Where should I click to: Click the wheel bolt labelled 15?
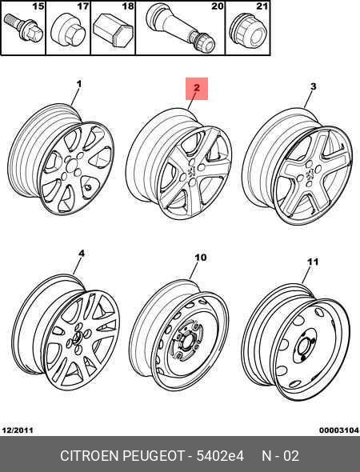(22, 30)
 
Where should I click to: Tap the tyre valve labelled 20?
(181, 28)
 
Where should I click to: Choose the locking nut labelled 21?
(248, 33)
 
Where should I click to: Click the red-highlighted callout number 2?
(196, 88)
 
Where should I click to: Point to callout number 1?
(79, 84)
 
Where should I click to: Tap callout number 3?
(313, 86)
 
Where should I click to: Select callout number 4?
(82, 254)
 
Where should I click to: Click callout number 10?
(201, 258)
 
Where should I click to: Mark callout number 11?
(313, 262)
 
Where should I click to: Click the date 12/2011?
(18, 430)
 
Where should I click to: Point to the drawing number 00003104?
(339, 430)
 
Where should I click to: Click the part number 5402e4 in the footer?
(220, 456)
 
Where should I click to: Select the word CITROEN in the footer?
(90, 456)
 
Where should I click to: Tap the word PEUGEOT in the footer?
(154, 456)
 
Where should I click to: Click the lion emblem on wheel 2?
(191, 171)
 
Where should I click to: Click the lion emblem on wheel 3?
(309, 174)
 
